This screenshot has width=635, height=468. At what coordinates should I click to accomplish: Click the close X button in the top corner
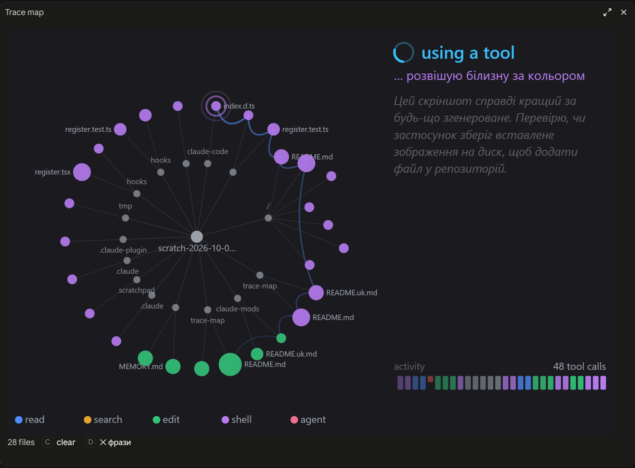coord(624,12)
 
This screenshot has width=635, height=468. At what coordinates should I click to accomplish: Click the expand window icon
coord(607,12)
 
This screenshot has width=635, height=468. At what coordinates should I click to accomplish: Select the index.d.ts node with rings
coord(216,106)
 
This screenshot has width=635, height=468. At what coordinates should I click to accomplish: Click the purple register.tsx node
coord(82,172)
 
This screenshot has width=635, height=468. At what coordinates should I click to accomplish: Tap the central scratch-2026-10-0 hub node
coord(197,237)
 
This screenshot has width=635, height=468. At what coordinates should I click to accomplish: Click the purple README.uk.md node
coord(316,293)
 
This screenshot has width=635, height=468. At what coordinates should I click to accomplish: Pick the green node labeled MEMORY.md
coord(145,358)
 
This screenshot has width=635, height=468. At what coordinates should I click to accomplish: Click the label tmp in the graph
coord(126,206)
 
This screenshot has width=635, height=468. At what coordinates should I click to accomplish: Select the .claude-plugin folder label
coord(123,250)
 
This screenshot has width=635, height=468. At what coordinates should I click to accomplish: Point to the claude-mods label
coord(238,309)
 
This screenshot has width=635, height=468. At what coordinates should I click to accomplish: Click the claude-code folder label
coord(207,152)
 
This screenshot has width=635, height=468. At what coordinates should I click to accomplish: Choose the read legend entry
coord(30,420)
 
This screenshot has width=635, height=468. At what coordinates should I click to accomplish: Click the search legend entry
coord(103,420)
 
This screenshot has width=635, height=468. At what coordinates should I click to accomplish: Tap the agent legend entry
coord(308,420)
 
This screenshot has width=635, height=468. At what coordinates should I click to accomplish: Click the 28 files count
coord(21,442)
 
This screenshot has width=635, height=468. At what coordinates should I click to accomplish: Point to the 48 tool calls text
coord(580,366)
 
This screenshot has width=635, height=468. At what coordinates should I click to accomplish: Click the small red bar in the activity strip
coord(430,379)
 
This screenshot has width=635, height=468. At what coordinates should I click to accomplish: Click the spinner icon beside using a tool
coord(404,53)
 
